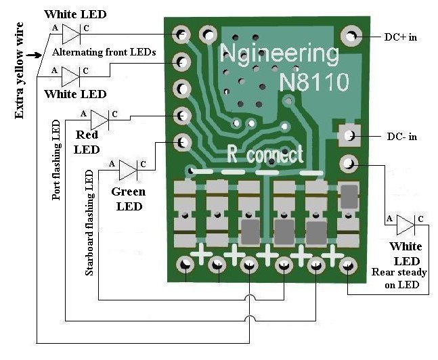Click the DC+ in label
[x=398, y=37]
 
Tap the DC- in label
[x=399, y=137]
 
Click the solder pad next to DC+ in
[x=352, y=35]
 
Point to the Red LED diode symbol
[x=100, y=119]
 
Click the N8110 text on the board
[x=315, y=83]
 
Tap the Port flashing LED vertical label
[x=56, y=160]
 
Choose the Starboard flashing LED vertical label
[x=89, y=223]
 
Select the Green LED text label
[x=127, y=199]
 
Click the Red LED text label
[x=87, y=142]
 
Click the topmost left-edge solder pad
[x=181, y=34]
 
